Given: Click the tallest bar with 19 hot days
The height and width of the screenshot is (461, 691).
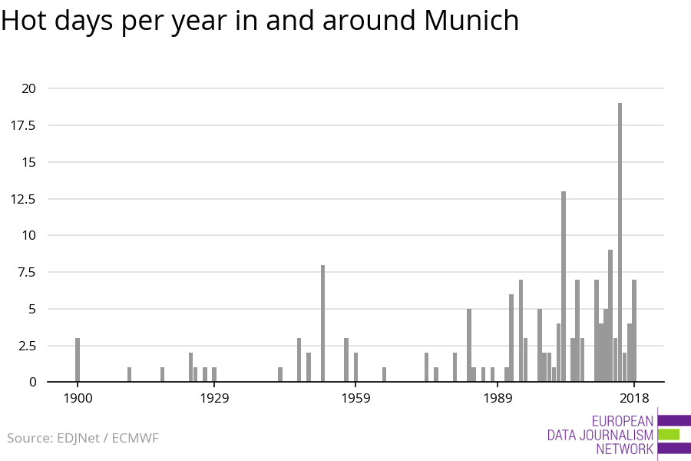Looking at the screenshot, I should coord(620,242).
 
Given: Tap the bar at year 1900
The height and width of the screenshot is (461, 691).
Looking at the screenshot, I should coord(78,360).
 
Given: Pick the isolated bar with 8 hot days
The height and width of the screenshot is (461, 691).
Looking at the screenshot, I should coord(323,323).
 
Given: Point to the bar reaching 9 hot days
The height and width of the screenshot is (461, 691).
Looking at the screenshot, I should coord(610,315).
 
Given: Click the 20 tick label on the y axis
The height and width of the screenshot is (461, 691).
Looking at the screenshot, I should coord(28,88).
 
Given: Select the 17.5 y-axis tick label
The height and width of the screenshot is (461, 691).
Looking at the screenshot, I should coord(23,125).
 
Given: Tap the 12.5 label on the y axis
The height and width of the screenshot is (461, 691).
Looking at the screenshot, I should coord(23,198).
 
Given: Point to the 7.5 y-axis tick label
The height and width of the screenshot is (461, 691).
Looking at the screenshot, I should coord(26,272).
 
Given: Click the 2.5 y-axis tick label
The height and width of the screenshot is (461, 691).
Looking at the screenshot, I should coord(26,345).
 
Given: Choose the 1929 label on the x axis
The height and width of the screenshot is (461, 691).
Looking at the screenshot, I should coord(215,398).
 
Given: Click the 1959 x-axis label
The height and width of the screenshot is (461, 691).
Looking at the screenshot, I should coord(355,398).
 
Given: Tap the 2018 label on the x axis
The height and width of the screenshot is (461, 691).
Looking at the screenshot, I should coord(634,398).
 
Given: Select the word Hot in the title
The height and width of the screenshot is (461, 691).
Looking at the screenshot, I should coord(28,21).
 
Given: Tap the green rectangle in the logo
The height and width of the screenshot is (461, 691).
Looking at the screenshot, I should coord(669,434).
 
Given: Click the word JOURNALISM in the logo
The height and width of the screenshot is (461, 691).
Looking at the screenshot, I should coord(621,435).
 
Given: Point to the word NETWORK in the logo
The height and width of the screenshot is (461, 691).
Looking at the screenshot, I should coord(624,449).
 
